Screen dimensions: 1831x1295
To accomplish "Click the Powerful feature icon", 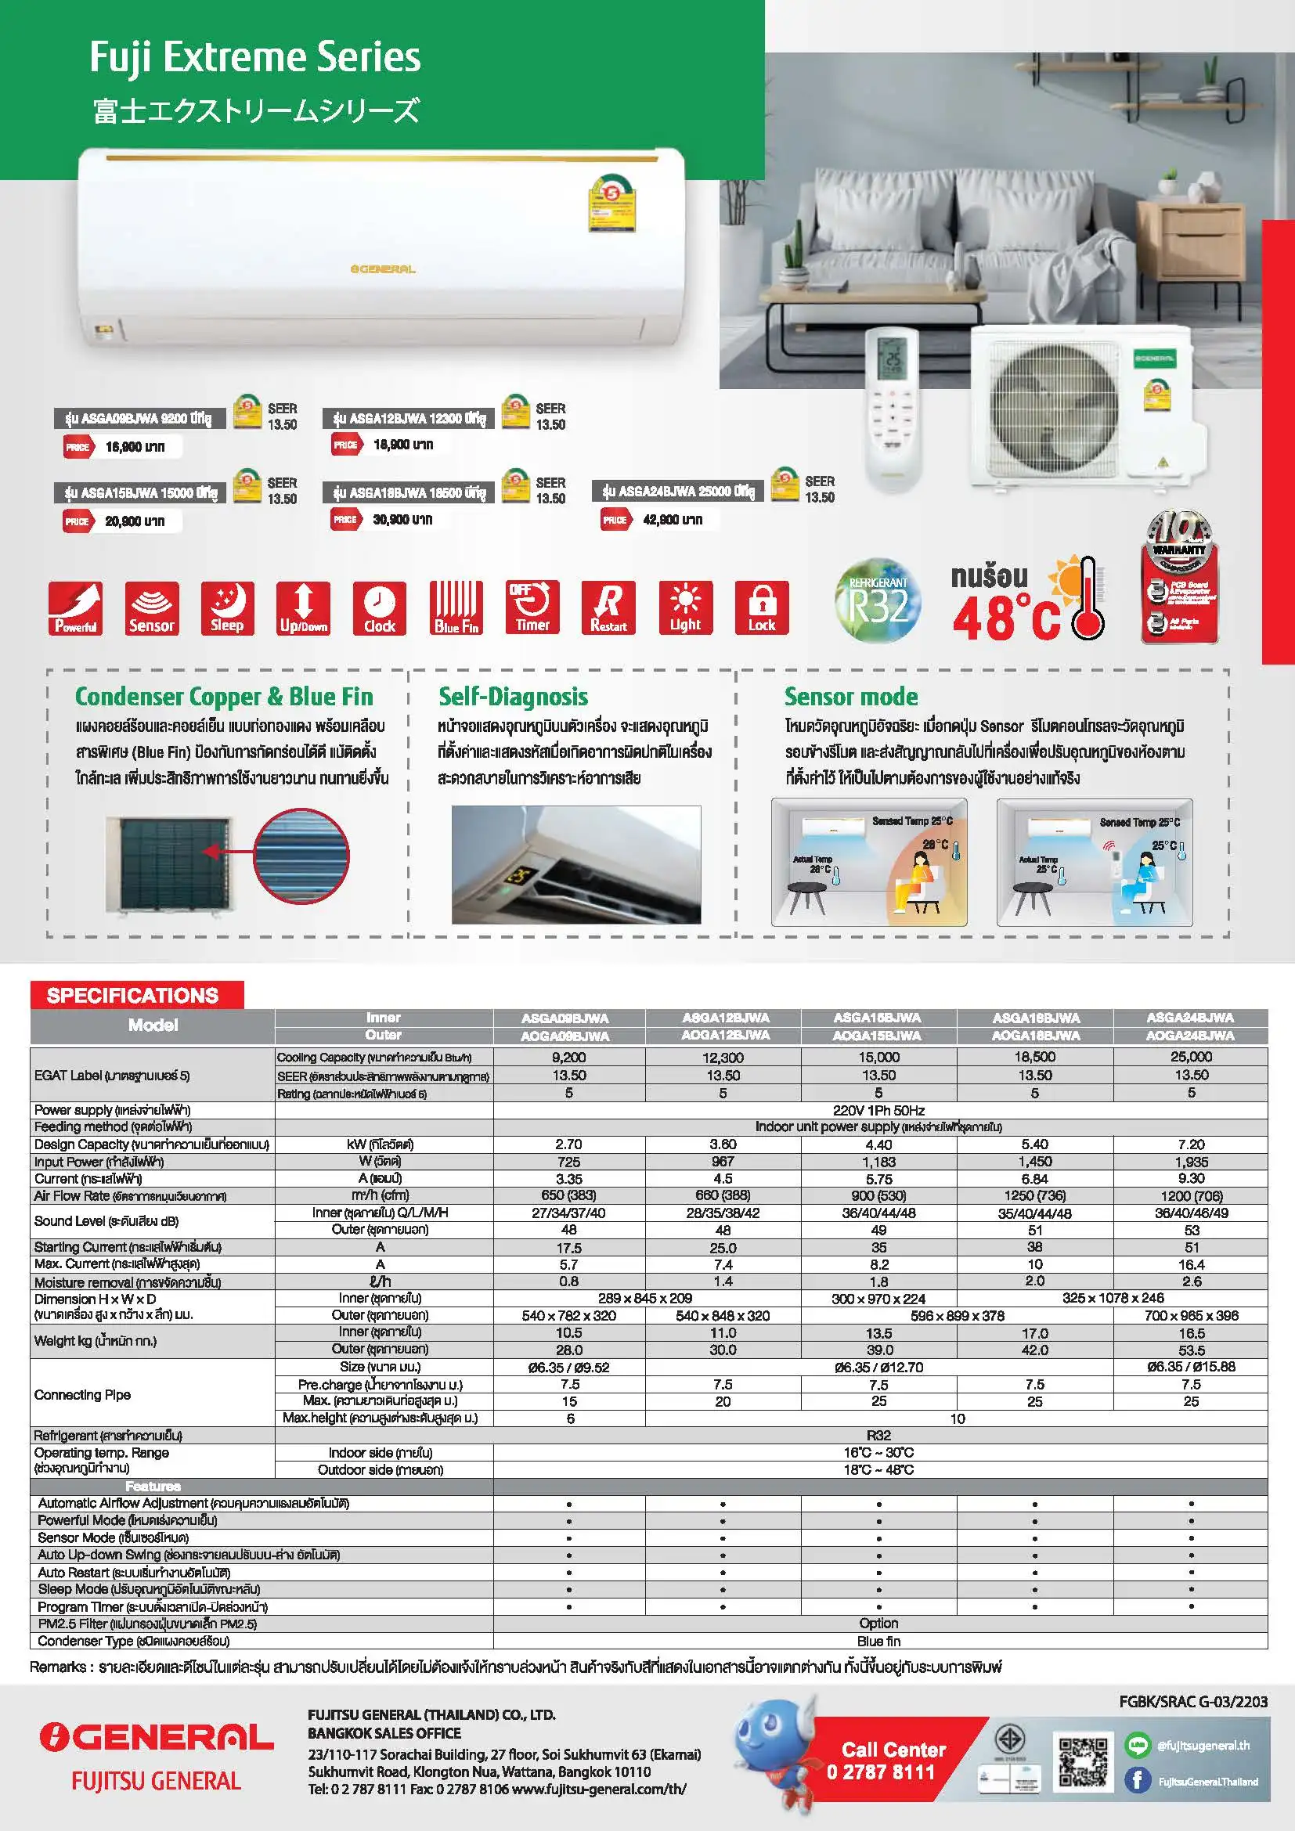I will pyautogui.click(x=75, y=607).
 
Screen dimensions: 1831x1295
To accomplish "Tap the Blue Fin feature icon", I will pyautogui.click(x=456, y=607).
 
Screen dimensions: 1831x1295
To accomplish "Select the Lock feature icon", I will pyautogui.click(x=762, y=607).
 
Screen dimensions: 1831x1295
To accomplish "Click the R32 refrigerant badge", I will pyautogui.click(x=878, y=601).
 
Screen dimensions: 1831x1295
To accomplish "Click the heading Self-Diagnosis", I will pyautogui.click(x=513, y=697).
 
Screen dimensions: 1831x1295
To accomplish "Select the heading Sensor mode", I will pyautogui.click(x=850, y=697).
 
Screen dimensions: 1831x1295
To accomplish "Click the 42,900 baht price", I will pyautogui.click(x=673, y=520).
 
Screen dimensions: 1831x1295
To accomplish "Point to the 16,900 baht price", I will pyautogui.click(x=135, y=446).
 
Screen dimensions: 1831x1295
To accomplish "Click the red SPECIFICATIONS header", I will pyautogui.click(x=133, y=995).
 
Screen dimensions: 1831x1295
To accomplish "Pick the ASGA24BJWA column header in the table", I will pyautogui.click(x=1190, y=1018).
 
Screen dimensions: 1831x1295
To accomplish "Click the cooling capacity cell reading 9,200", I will pyautogui.click(x=568, y=1058).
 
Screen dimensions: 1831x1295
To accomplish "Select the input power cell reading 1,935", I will pyautogui.click(x=1191, y=1162).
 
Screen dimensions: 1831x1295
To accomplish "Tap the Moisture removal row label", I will pyautogui.click(x=128, y=1282).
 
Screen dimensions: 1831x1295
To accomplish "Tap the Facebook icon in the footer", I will pyautogui.click(x=1137, y=1780).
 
